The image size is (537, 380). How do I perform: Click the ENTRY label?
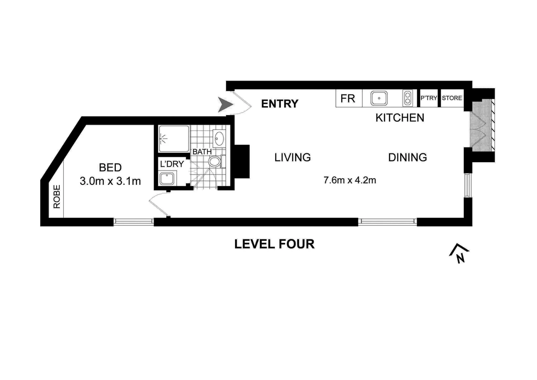pyautogui.click(x=280, y=104)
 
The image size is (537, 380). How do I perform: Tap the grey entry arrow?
pyautogui.click(x=225, y=105)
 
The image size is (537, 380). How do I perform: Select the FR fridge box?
pyautogui.click(x=348, y=99)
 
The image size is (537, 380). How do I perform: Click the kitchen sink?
pyautogui.click(x=379, y=98)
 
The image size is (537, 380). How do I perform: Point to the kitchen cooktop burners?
pyautogui.click(x=408, y=98)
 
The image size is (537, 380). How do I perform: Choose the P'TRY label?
pyautogui.click(x=429, y=98)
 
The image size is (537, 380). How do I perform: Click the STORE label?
pyautogui.click(x=452, y=98)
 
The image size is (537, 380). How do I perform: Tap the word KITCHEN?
pyautogui.click(x=400, y=118)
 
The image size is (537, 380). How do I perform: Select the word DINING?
pyautogui.click(x=407, y=157)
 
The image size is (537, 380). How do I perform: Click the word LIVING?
pyautogui.click(x=293, y=157)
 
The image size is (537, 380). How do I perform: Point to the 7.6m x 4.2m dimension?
pyautogui.click(x=350, y=180)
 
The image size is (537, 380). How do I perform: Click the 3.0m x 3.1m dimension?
pyautogui.click(x=110, y=181)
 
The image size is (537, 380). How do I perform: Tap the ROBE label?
pyautogui.click(x=57, y=197)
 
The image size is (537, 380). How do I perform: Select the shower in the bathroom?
pyautogui.click(x=173, y=139)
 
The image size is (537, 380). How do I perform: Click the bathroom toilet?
pyautogui.click(x=215, y=162)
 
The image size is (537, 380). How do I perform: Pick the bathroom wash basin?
pyautogui.click(x=219, y=138)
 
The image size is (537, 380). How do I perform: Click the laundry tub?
pyautogui.click(x=167, y=179)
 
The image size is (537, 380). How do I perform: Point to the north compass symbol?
pyautogui.click(x=459, y=253)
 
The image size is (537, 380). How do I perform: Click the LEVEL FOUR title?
pyautogui.click(x=274, y=244)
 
